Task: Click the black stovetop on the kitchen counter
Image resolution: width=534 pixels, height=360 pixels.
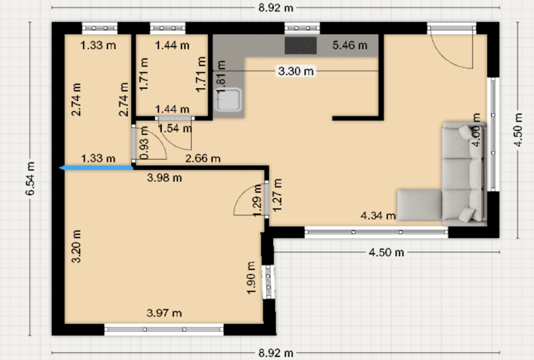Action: pos(301,45)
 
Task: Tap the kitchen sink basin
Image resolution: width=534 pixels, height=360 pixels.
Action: pos(228,100)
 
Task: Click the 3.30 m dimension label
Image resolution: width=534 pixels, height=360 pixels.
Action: pos(296,71)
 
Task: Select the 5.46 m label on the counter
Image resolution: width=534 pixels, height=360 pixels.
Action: pos(350,45)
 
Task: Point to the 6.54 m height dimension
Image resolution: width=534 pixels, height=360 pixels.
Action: pos(30,179)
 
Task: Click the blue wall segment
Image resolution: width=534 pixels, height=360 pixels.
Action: pos(96,168)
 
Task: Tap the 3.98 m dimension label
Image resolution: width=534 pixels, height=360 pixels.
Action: pos(164,178)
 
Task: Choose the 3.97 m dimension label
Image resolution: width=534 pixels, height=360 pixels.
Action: pos(164,313)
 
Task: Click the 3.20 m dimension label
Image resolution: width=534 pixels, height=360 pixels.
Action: pos(76,246)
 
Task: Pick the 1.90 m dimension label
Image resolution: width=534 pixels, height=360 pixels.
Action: pos(251,278)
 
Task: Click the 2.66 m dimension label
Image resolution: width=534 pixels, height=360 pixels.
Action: pos(203,158)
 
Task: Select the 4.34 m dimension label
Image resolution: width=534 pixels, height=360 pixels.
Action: pos(378,216)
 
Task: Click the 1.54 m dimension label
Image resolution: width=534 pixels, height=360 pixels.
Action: pos(175,128)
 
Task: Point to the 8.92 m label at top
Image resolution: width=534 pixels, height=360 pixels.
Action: pos(276,8)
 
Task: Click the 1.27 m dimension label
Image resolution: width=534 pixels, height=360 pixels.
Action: pos(277,195)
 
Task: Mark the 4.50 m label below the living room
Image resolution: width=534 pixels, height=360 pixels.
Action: pos(387,252)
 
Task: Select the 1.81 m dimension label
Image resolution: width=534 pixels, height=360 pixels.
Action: pos(221,77)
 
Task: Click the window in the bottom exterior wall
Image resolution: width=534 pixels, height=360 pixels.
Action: pos(164,329)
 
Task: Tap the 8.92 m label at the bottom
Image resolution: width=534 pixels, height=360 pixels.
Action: pos(276,353)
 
